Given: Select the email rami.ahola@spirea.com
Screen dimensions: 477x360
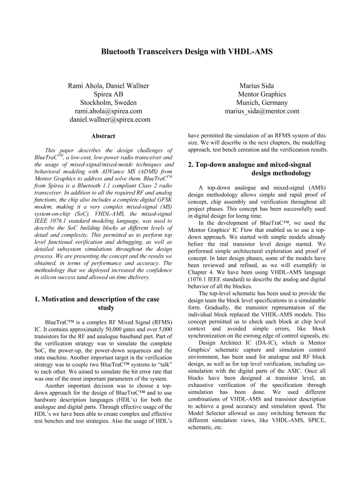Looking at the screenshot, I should [x=109, y=111].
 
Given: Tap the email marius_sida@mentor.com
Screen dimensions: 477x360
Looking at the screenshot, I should [x=262, y=111].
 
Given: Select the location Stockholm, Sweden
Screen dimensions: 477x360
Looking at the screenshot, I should [x=109, y=103].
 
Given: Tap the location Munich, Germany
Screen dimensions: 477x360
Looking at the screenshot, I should [x=262, y=103].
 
